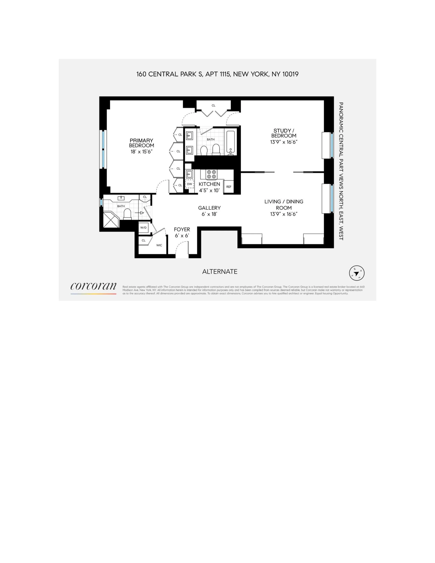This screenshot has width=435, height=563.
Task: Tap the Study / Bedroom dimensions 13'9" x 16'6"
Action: tap(284, 142)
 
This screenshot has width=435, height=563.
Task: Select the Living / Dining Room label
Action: tap(284, 205)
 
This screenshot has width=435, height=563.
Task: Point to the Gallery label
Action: tap(209, 208)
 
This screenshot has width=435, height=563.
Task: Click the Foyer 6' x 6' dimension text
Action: tap(182, 236)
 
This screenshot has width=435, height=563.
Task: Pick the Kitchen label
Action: tap(209, 184)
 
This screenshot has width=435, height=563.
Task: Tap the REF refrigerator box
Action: tap(229, 187)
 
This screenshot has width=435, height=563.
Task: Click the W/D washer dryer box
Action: tap(143, 228)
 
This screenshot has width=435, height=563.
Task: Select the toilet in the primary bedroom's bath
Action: tap(127, 214)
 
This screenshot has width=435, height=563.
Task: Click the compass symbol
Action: tap(357, 273)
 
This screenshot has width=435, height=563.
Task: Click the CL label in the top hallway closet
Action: tap(213, 105)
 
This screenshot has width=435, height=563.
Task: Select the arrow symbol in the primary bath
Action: tap(141, 213)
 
